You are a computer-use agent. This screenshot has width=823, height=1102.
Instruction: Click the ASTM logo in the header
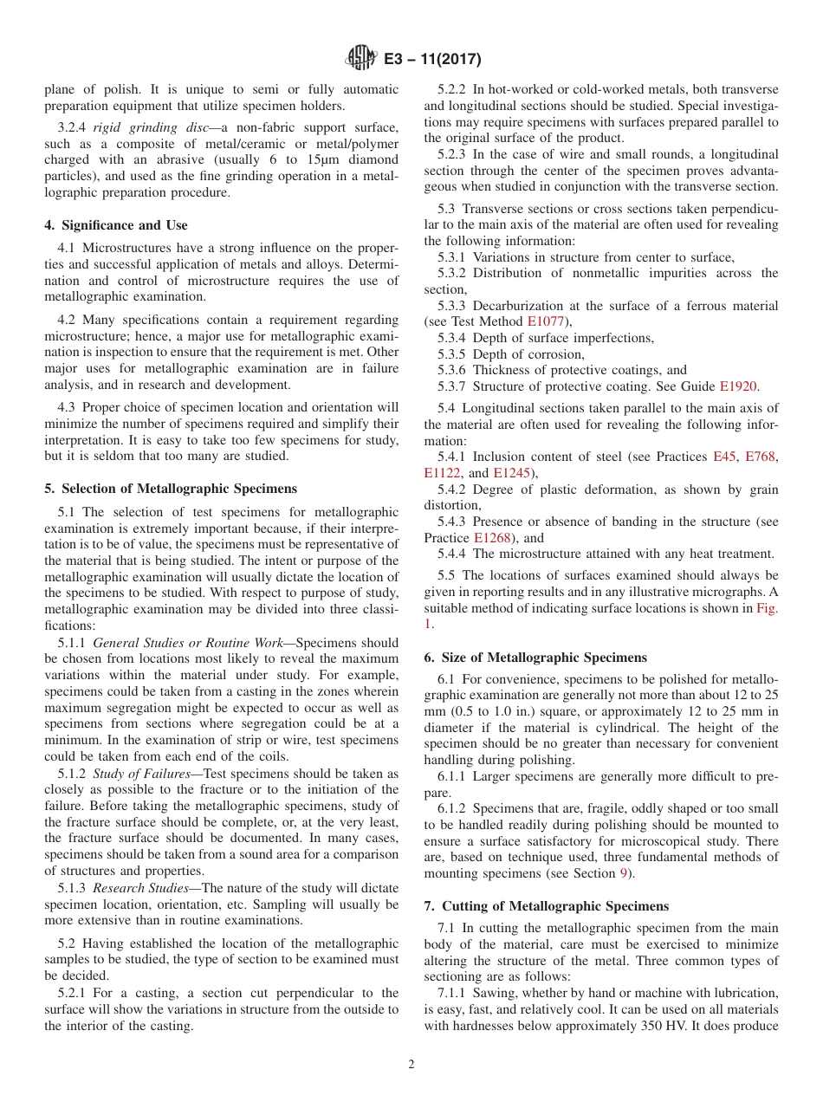pos(360,58)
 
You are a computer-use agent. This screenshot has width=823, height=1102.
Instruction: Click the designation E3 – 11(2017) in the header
pos(429,59)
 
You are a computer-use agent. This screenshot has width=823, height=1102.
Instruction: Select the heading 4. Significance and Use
pos(115,225)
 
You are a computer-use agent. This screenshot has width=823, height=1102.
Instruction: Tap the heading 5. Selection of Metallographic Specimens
pos(170,489)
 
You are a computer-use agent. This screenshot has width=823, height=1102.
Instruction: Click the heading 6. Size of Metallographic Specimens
pos(535,658)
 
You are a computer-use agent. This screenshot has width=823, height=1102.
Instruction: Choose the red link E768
pos(761,457)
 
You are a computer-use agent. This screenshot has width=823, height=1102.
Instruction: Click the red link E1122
pos(444,473)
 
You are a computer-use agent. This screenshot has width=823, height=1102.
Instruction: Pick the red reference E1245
pos(510,473)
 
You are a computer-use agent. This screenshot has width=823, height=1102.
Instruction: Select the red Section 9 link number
pos(623,873)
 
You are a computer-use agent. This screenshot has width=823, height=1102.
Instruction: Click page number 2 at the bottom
pos(411,1065)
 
